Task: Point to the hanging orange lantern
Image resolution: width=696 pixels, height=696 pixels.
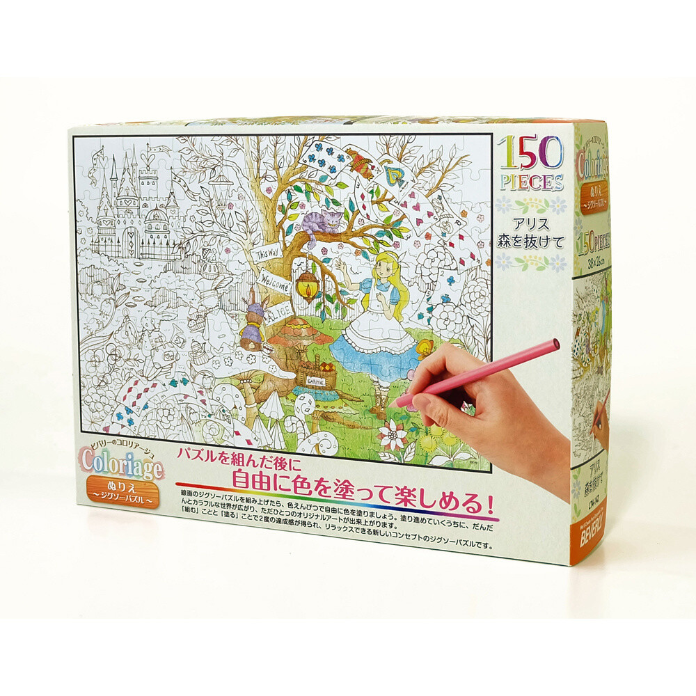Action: tap(307, 285)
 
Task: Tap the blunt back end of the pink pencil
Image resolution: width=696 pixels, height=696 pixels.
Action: tap(556, 344)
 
